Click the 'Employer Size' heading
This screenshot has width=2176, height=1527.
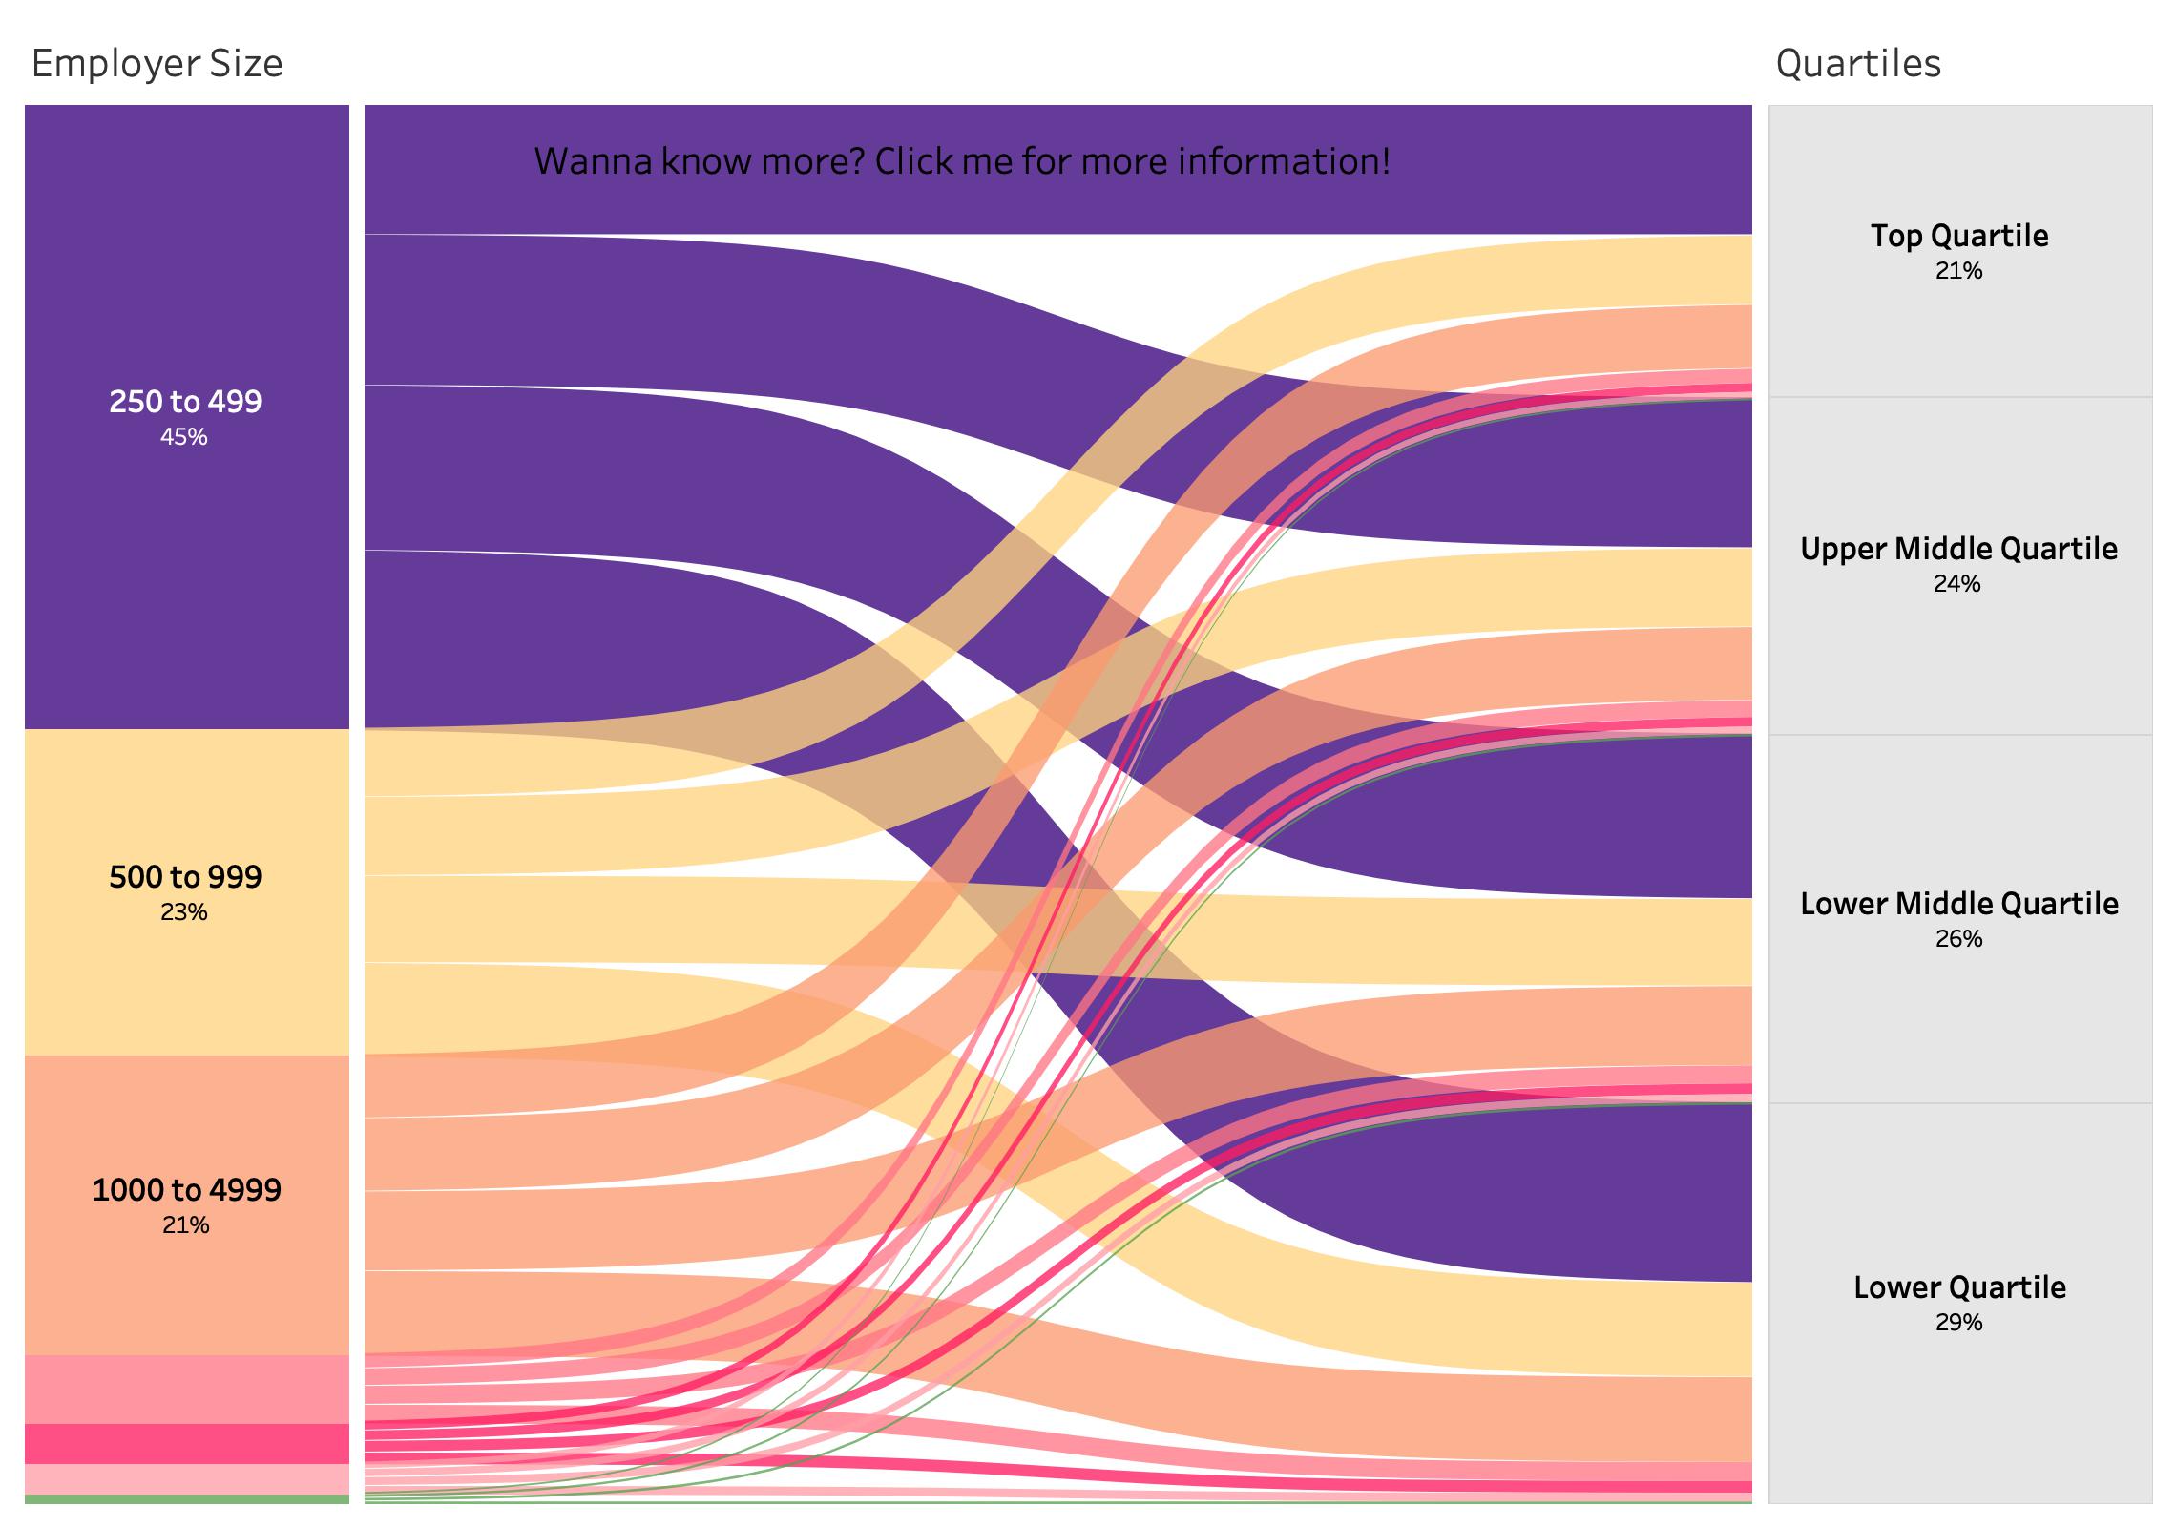[157, 64]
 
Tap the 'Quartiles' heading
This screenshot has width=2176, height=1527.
[1857, 64]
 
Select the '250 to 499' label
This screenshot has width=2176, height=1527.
[185, 402]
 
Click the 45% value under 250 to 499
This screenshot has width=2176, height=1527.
[184, 437]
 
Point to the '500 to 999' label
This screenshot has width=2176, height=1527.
[185, 877]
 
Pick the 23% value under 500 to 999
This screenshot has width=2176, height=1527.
[184, 912]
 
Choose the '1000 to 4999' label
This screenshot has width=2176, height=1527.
[186, 1190]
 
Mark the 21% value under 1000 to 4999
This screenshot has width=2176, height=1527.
[185, 1225]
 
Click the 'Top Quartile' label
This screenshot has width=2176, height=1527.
[1959, 236]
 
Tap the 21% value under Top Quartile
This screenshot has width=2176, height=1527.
[1959, 271]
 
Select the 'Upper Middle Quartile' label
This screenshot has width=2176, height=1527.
[1959, 549]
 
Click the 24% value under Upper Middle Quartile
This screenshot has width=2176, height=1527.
[1957, 584]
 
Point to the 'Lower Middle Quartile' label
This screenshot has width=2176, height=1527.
[1959, 904]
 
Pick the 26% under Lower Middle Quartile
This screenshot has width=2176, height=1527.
[1959, 939]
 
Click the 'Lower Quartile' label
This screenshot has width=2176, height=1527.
[1959, 1287]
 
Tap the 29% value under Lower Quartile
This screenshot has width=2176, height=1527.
[1959, 1323]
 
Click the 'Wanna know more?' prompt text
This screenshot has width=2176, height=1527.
[962, 161]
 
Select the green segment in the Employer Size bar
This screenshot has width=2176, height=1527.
[186, 1499]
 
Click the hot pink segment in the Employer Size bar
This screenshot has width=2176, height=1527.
[186, 1444]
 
